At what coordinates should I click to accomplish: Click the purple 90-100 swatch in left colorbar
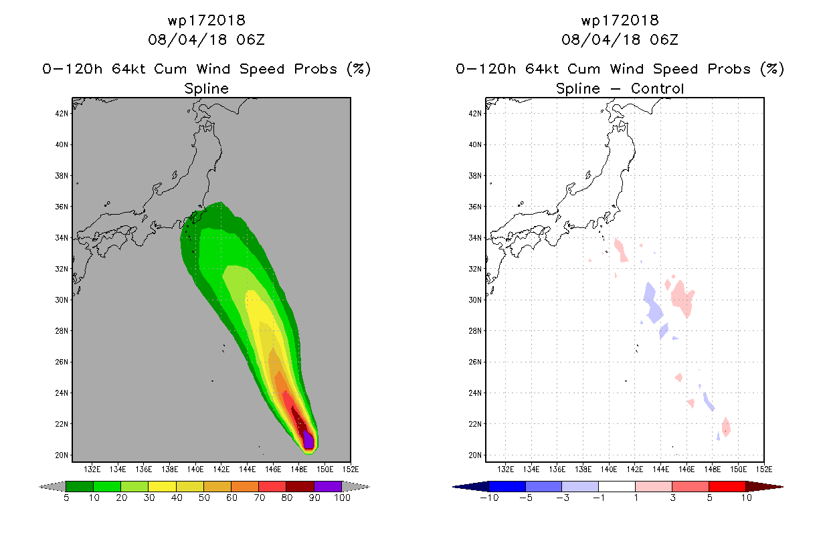(328, 486)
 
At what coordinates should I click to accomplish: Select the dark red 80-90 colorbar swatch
(300, 486)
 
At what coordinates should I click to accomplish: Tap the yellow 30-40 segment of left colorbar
(163, 486)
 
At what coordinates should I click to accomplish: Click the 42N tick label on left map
(62, 113)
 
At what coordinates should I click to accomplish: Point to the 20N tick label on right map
(475, 455)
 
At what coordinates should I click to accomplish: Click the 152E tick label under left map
(351, 469)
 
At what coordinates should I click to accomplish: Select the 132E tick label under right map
(505, 469)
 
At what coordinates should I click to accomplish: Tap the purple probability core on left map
(308, 440)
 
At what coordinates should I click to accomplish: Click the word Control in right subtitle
(657, 88)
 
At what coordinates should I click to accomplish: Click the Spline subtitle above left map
(206, 88)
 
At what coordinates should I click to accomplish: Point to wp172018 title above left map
(206, 20)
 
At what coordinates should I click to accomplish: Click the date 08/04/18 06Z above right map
(620, 39)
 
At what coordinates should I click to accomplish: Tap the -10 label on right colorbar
(490, 498)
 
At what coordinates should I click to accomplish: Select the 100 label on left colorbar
(343, 498)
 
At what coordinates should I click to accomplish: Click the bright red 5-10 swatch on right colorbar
(727, 486)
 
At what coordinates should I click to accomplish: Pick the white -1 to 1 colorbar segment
(617, 486)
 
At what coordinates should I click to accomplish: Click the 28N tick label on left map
(62, 331)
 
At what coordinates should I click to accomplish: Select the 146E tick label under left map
(273, 469)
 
